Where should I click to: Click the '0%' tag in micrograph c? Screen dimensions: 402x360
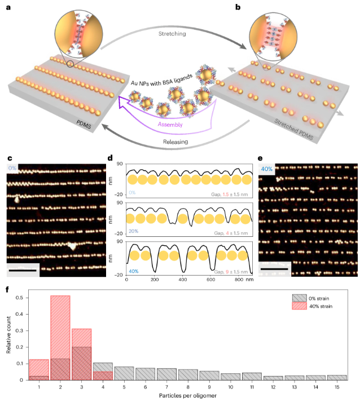14,167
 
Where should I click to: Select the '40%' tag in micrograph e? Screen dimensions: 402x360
268,168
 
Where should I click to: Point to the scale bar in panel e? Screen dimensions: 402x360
275,270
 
